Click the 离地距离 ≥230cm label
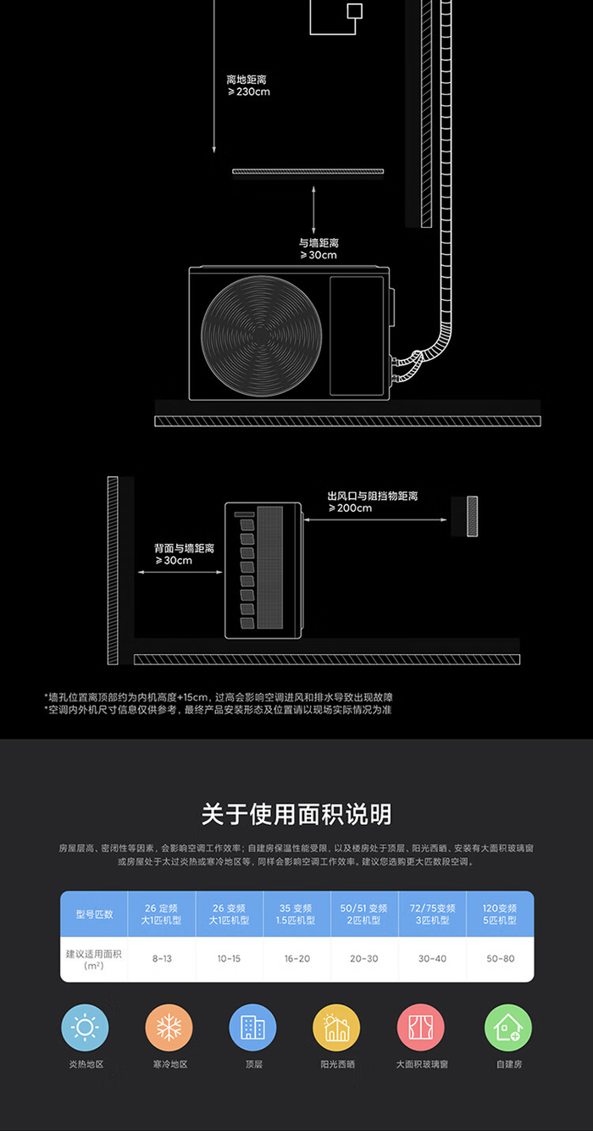[248, 86]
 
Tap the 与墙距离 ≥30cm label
[318, 249]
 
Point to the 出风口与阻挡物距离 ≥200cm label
[373, 502]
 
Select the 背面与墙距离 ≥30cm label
[184, 554]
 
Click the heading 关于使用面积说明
[296, 815]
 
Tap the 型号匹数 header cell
[94, 914]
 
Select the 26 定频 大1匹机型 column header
[161, 914]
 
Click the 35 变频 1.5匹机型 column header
[296, 914]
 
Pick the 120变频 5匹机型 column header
[499, 914]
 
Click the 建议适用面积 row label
[94, 959]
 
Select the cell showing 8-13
[161, 959]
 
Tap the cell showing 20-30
[363, 959]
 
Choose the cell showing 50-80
[499, 959]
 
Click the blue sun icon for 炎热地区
[85, 1028]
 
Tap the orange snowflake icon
[169, 1028]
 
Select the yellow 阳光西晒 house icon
[336, 1028]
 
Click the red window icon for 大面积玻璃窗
[421, 1028]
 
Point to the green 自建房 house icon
[507, 1028]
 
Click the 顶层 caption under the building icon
[252, 1065]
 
